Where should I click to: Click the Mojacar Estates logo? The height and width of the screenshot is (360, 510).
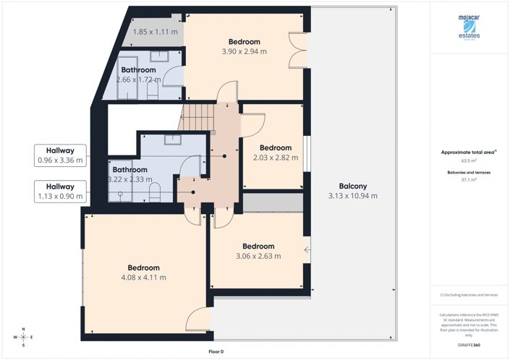pyautogui.click(x=470, y=29)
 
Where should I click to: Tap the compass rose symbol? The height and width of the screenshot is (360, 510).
pyautogui.click(x=24, y=337)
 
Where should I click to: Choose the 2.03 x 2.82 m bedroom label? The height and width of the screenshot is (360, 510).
pyautogui.click(x=275, y=152)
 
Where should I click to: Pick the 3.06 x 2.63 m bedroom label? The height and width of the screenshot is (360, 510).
pyautogui.click(x=258, y=251)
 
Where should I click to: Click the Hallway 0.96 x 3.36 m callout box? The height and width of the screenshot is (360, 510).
pyautogui.click(x=60, y=155)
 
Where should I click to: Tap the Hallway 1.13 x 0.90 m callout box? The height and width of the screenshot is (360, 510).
pyautogui.click(x=60, y=191)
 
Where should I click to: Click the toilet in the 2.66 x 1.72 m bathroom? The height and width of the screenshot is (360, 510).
pyautogui.click(x=153, y=90)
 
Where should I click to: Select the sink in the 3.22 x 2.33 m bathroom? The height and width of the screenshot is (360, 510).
pyautogui.click(x=174, y=140)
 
